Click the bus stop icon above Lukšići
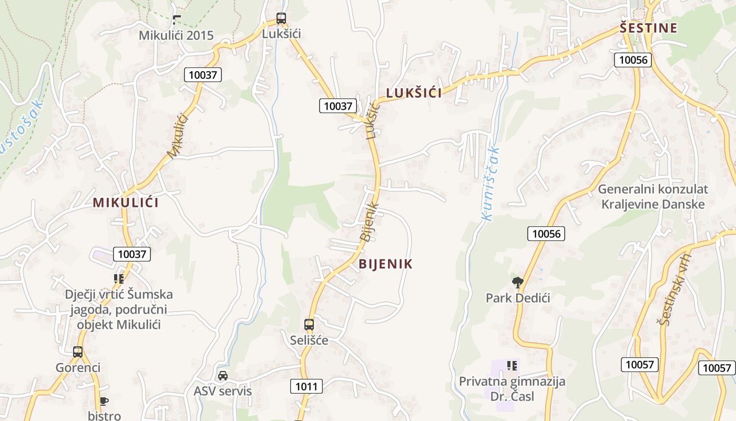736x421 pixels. [281, 19]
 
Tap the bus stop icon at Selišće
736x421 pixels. [309, 325]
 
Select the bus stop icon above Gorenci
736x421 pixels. [78, 352]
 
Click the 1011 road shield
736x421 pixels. [306, 387]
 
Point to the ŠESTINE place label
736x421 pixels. [648, 28]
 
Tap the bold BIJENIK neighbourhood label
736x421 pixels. [386, 264]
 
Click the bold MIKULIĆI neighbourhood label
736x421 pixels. [126, 203]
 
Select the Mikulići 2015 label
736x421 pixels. [176, 35]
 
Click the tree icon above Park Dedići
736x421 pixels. [518, 283]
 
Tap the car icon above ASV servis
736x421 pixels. [223, 376]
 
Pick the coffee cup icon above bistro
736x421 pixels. [104, 402]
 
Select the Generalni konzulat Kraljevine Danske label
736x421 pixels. [653, 196]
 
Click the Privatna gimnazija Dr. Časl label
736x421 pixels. [512, 388]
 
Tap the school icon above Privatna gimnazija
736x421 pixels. [512, 365]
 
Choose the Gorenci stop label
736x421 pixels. [78, 367]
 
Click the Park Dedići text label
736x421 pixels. [518, 298]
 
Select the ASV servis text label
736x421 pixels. [223, 391]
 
